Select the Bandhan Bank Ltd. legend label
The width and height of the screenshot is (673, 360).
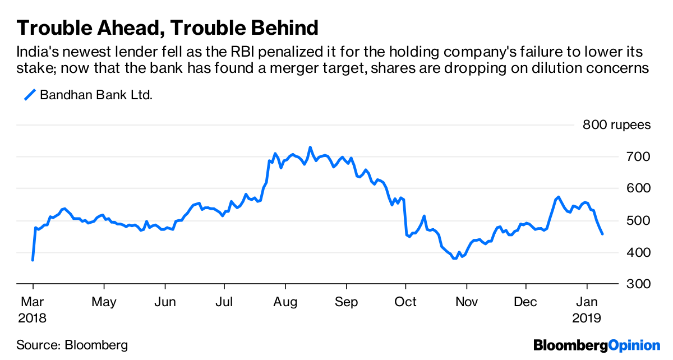point(96,95)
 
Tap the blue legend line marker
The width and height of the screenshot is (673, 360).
point(30,95)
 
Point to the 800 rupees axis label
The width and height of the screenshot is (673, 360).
point(616,124)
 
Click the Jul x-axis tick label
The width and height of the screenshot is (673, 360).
point(225,302)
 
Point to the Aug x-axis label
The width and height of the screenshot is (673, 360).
point(285,302)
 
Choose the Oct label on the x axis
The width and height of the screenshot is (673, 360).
point(405,302)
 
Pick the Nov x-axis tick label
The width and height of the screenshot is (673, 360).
point(466,302)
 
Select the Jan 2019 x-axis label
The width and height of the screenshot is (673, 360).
point(587,310)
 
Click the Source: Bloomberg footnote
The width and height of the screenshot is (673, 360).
point(72,345)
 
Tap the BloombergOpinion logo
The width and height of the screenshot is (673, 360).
point(597,345)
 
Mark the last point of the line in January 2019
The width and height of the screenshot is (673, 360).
point(602,234)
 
